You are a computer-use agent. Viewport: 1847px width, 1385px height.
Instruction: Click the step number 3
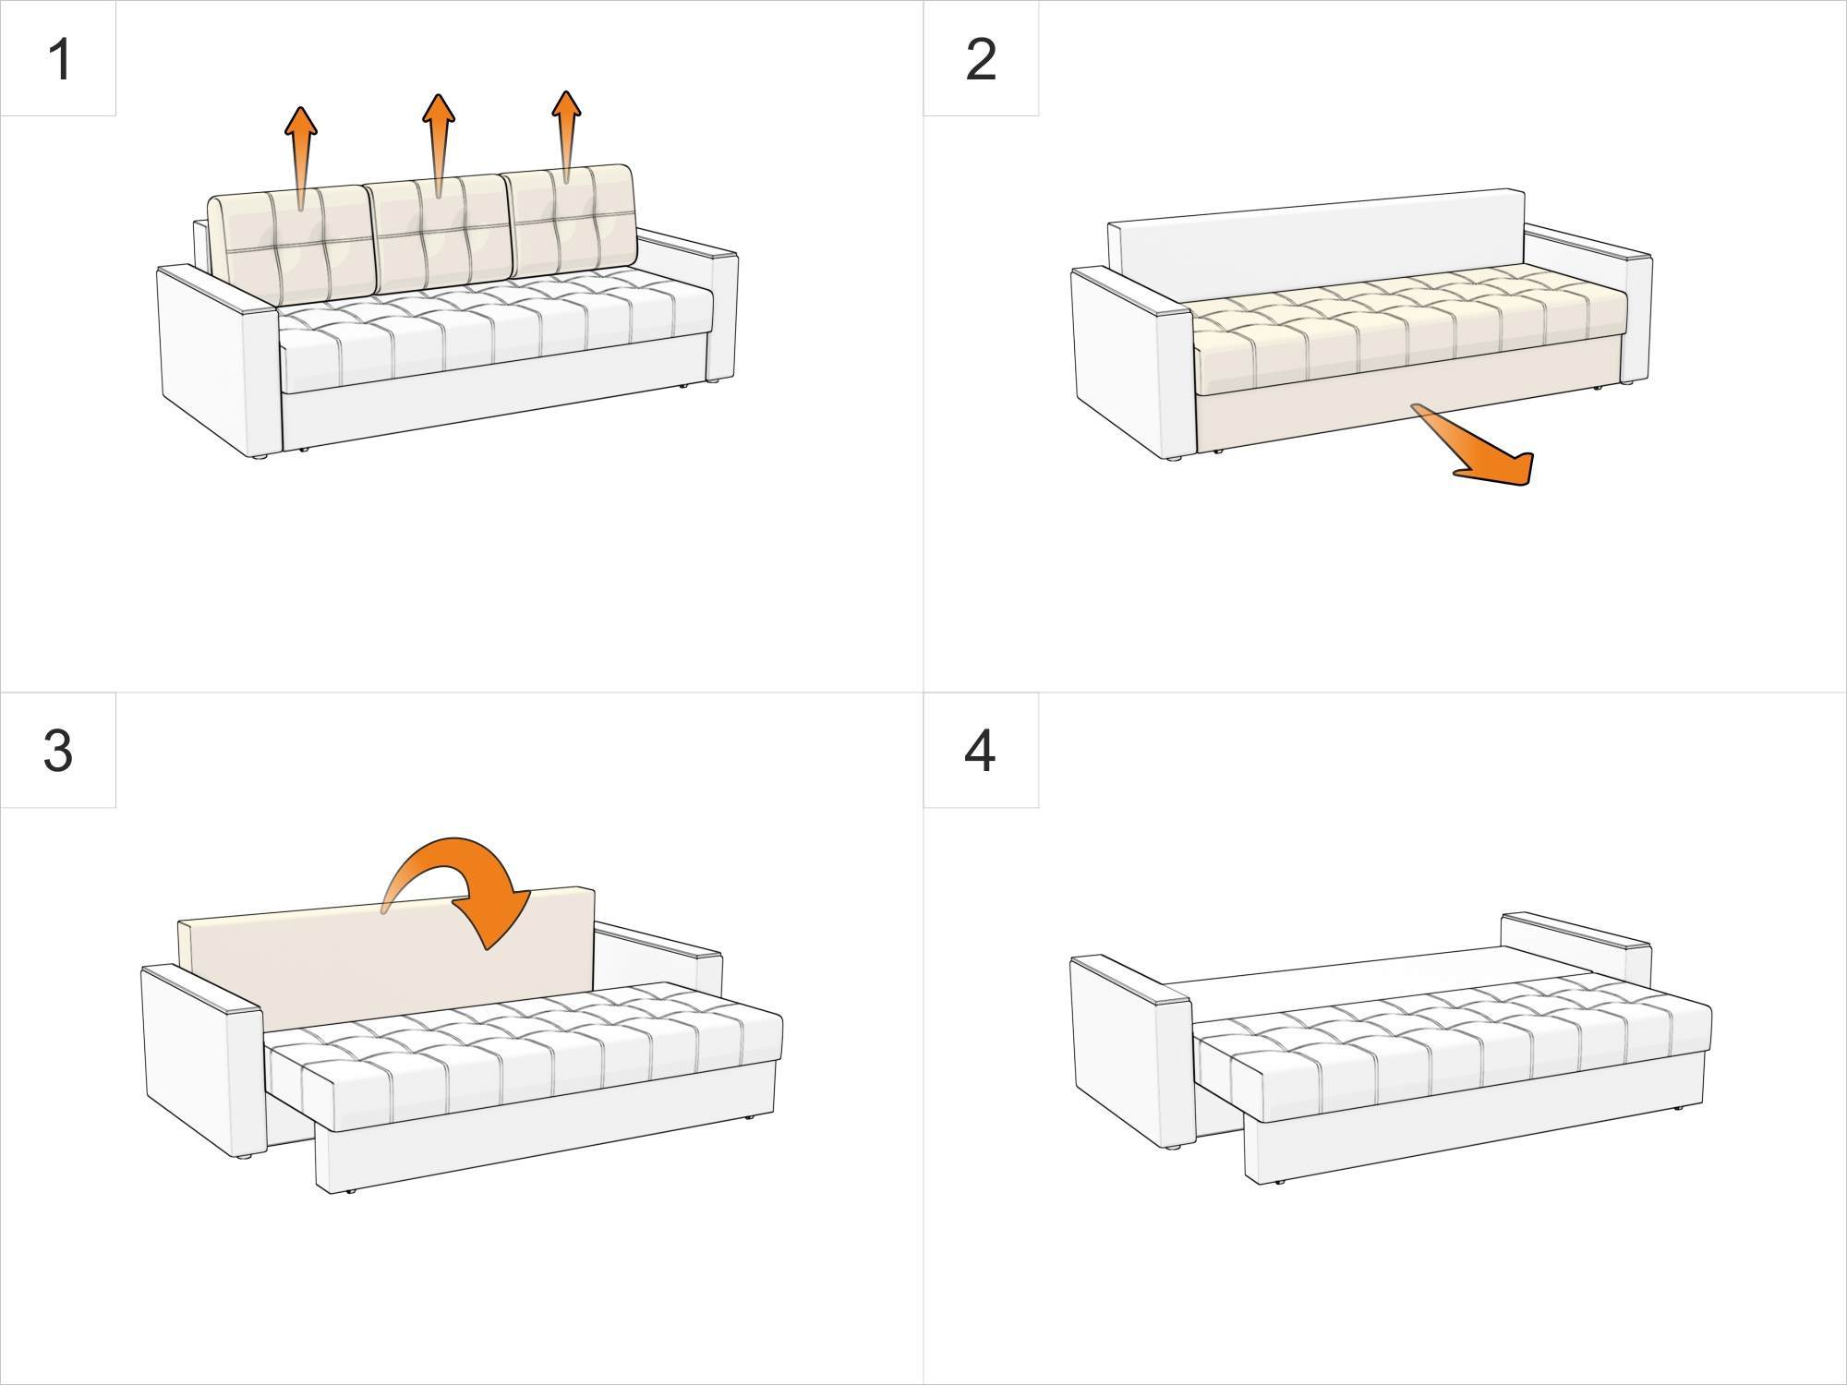[57, 750]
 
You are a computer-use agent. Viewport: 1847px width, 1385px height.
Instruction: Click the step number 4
[979, 750]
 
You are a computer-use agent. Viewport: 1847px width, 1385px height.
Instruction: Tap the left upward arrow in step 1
[300, 152]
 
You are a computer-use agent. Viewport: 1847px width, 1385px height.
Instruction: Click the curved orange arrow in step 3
[471, 886]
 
